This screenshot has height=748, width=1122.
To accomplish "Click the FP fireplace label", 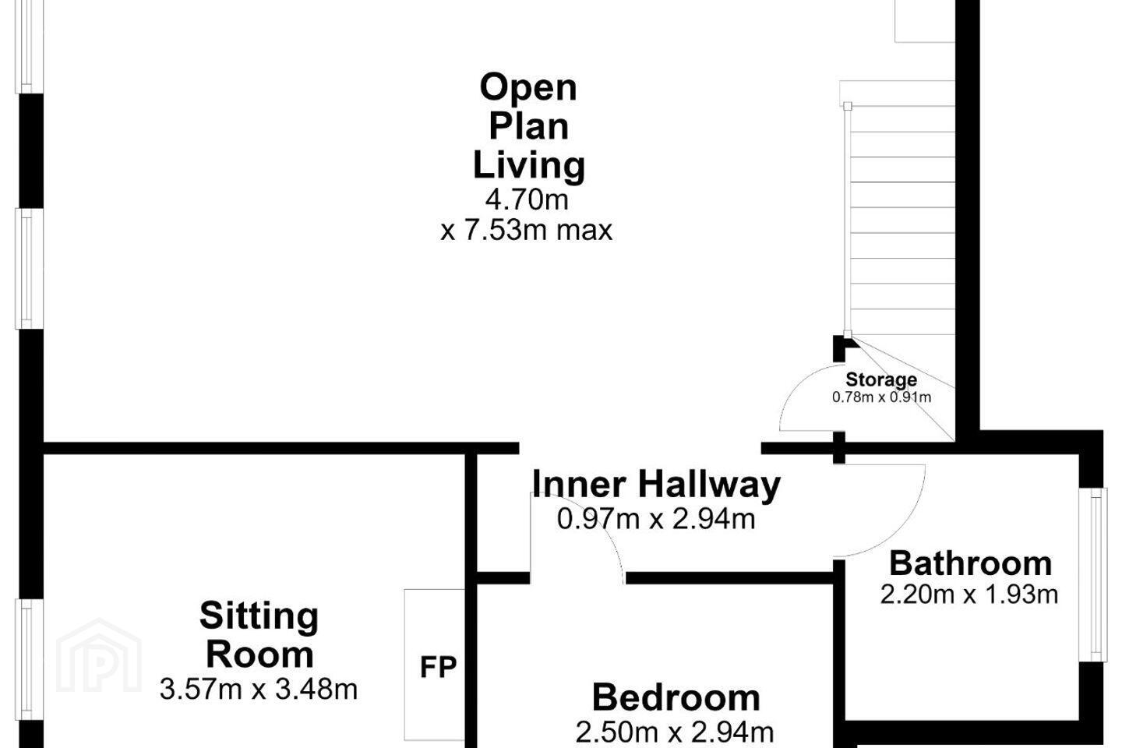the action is [438, 667].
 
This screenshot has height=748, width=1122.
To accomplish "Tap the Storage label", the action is [881, 379].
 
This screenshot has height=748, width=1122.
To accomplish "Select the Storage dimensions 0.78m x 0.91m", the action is [881, 397].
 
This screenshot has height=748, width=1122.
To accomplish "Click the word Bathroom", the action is [970, 563].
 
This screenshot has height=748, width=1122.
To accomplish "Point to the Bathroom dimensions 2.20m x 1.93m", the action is [969, 595].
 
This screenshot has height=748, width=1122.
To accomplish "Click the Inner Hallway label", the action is [656, 485].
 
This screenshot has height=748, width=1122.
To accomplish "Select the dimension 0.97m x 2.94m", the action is [656, 519].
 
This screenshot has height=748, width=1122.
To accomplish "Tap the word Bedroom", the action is [676, 697].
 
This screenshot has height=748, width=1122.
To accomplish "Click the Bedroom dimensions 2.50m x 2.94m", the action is [675, 732].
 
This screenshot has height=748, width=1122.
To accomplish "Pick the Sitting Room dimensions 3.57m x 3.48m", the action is [259, 689].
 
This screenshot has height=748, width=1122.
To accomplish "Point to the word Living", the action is [529, 167].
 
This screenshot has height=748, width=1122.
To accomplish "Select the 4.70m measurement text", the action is [527, 199].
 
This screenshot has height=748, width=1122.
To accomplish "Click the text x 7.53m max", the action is [527, 231].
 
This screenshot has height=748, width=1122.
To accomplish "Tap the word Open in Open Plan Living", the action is [528, 88].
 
